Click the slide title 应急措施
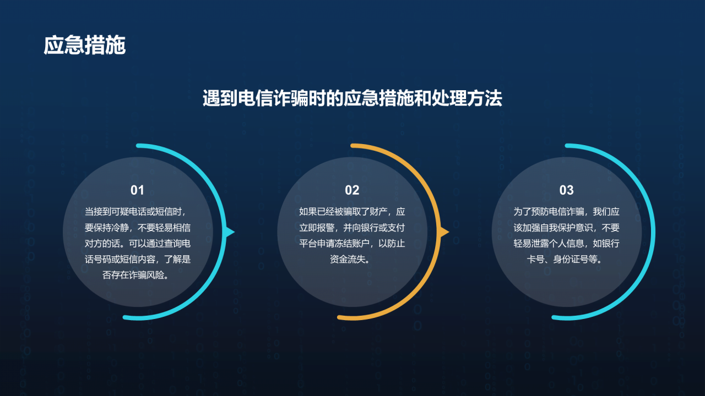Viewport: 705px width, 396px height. click(85, 46)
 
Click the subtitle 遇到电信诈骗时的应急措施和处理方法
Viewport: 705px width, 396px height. click(352, 98)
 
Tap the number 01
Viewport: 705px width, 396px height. click(137, 190)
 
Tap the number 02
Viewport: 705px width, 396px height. click(352, 190)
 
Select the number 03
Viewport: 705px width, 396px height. click(566, 190)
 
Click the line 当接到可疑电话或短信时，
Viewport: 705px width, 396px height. click(137, 211)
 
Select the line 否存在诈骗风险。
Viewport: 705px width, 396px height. click(137, 275)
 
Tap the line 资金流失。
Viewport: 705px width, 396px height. click(352, 259)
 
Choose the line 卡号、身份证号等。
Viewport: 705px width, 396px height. click(566, 259)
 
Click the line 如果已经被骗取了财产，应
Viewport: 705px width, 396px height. click(352, 211)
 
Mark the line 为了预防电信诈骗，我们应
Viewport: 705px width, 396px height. click(566, 211)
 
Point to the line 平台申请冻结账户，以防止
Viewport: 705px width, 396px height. click(352, 243)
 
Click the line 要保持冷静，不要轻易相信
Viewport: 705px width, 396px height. click(137, 227)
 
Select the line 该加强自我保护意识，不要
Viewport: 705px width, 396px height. click(566, 227)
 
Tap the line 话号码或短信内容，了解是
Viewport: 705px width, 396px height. click(137, 259)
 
